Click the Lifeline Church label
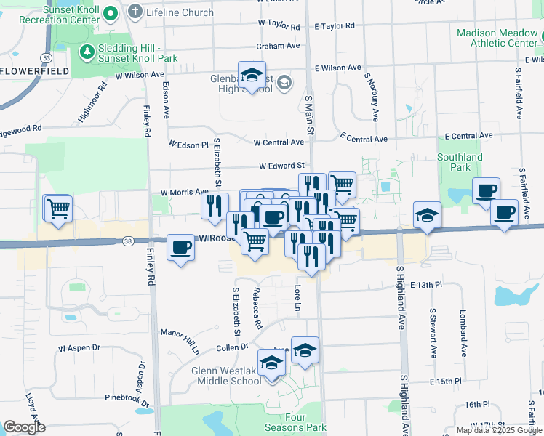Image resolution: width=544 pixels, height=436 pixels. point(180,12)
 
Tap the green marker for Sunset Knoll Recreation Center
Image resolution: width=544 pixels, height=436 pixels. point(111,12)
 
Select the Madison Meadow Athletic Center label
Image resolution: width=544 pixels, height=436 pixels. point(497,38)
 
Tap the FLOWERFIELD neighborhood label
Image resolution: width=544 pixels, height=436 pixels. point(35,71)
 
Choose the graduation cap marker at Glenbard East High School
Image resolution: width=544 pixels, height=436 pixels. point(252,76)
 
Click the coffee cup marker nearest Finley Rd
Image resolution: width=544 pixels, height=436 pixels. point(181,248)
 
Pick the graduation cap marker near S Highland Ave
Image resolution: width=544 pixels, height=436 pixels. point(427,215)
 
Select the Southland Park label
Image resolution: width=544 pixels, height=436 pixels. point(460,162)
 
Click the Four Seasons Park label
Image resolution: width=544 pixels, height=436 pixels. point(305,423)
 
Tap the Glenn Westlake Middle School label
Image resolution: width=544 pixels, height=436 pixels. point(226,376)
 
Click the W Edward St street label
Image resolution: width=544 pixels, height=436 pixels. point(281,166)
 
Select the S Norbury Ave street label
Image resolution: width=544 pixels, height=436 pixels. point(375,104)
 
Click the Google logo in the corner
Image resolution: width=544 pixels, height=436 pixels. point(24,427)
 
